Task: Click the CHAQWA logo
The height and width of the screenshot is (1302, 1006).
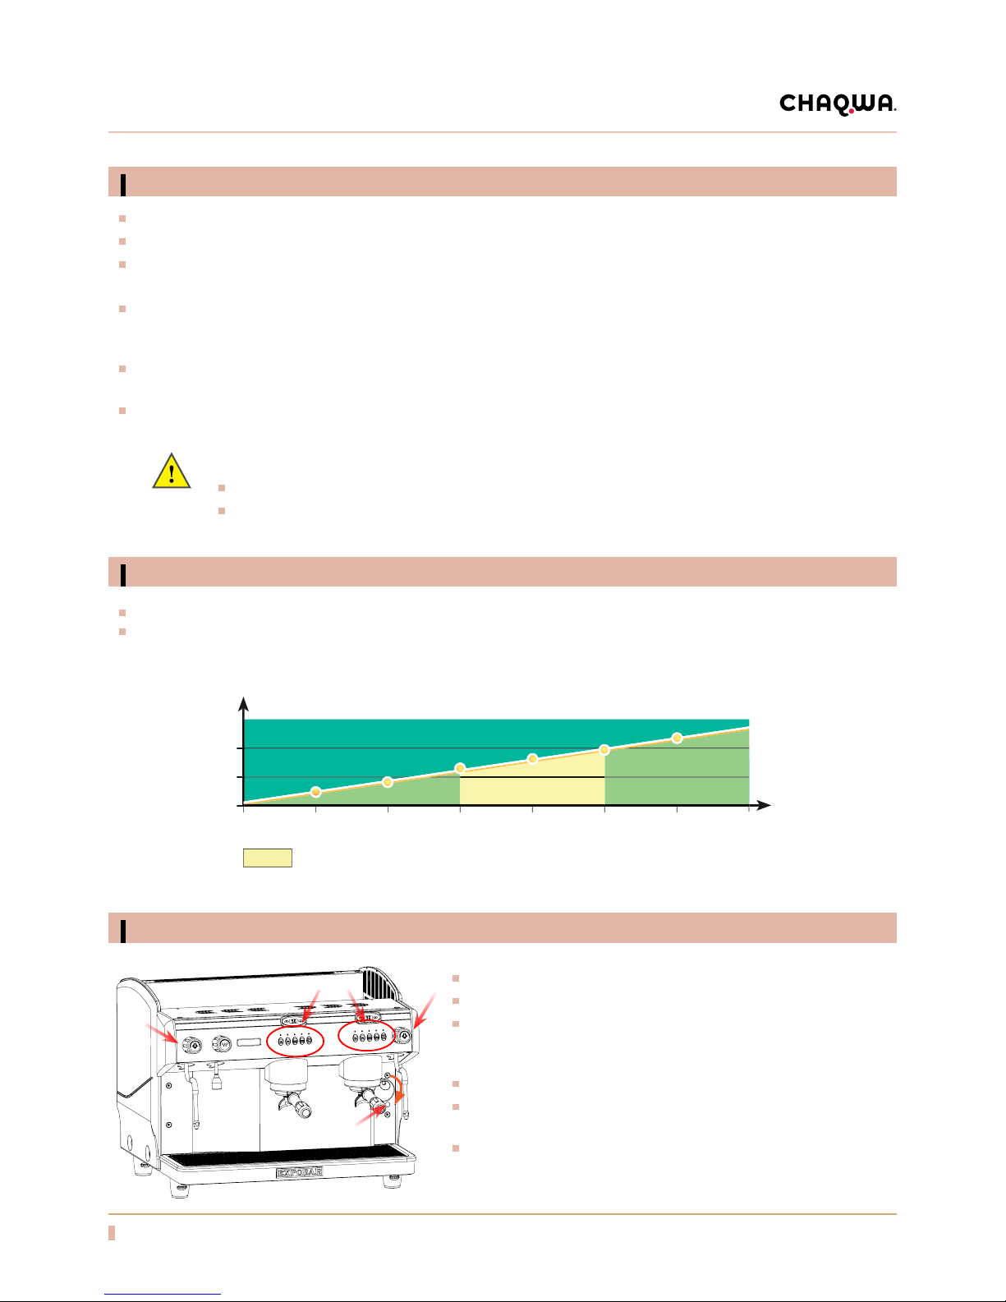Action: coord(838,104)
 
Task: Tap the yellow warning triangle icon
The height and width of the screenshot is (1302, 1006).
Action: coord(172,472)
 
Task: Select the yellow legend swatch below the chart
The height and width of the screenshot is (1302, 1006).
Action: coord(267,858)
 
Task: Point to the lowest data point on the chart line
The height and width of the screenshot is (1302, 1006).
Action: coord(315,792)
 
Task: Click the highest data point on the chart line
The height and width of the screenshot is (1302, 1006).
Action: coord(677,738)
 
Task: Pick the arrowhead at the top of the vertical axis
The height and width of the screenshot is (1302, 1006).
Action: coord(243,703)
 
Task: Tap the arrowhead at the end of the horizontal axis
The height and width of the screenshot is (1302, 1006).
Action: coord(763,805)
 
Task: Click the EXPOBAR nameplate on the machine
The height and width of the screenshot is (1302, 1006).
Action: coord(300,1172)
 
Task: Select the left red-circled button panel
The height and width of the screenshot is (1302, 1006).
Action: coord(295,1041)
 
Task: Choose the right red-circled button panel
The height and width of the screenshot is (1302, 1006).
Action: coord(367,1036)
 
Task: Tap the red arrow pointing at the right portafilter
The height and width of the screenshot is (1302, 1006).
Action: coord(370,1116)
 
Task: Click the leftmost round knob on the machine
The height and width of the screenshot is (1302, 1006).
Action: coord(191,1044)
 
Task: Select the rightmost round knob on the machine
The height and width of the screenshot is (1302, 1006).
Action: coord(404,1035)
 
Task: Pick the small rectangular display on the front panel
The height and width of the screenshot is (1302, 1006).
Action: coord(249,1042)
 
